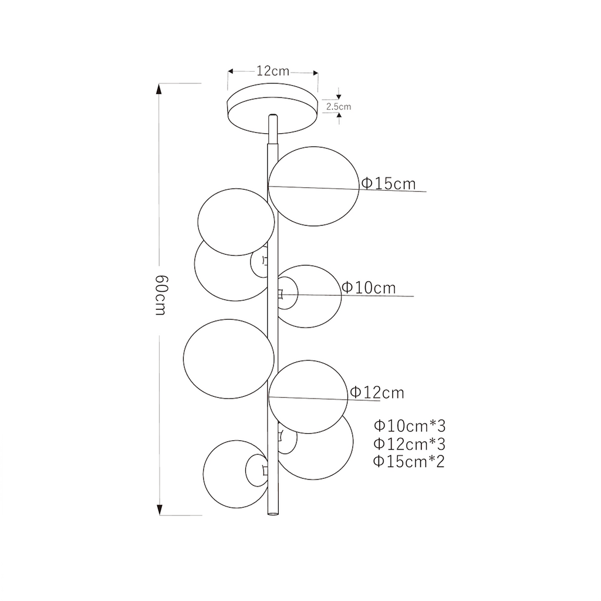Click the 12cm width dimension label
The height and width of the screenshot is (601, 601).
click(x=272, y=71)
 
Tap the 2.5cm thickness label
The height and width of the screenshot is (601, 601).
click(x=339, y=107)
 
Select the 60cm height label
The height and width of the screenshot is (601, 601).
click(x=161, y=295)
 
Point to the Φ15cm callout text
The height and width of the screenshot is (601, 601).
click(x=389, y=184)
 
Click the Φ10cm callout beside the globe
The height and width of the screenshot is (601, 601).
click(x=369, y=288)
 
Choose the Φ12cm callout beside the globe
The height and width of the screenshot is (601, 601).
click(x=377, y=393)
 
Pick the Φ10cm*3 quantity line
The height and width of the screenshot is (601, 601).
click(x=410, y=426)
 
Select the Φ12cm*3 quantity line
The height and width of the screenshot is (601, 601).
click(x=410, y=444)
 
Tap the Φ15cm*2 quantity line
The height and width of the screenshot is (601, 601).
click(x=409, y=461)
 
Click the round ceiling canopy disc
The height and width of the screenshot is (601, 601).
click(x=272, y=109)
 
